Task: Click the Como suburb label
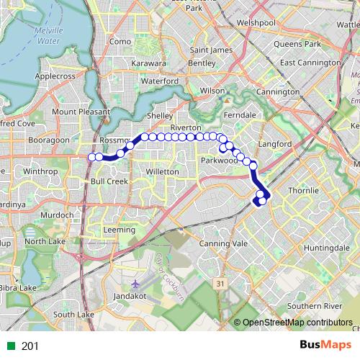tap(119, 42)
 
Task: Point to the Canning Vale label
tap(228, 244)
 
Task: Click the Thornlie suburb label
tap(302, 190)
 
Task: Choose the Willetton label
tap(162, 172)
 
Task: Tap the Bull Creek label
tap(109, 181)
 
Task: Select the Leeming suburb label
tap(119, 230)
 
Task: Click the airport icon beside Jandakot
tap(138, 284)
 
